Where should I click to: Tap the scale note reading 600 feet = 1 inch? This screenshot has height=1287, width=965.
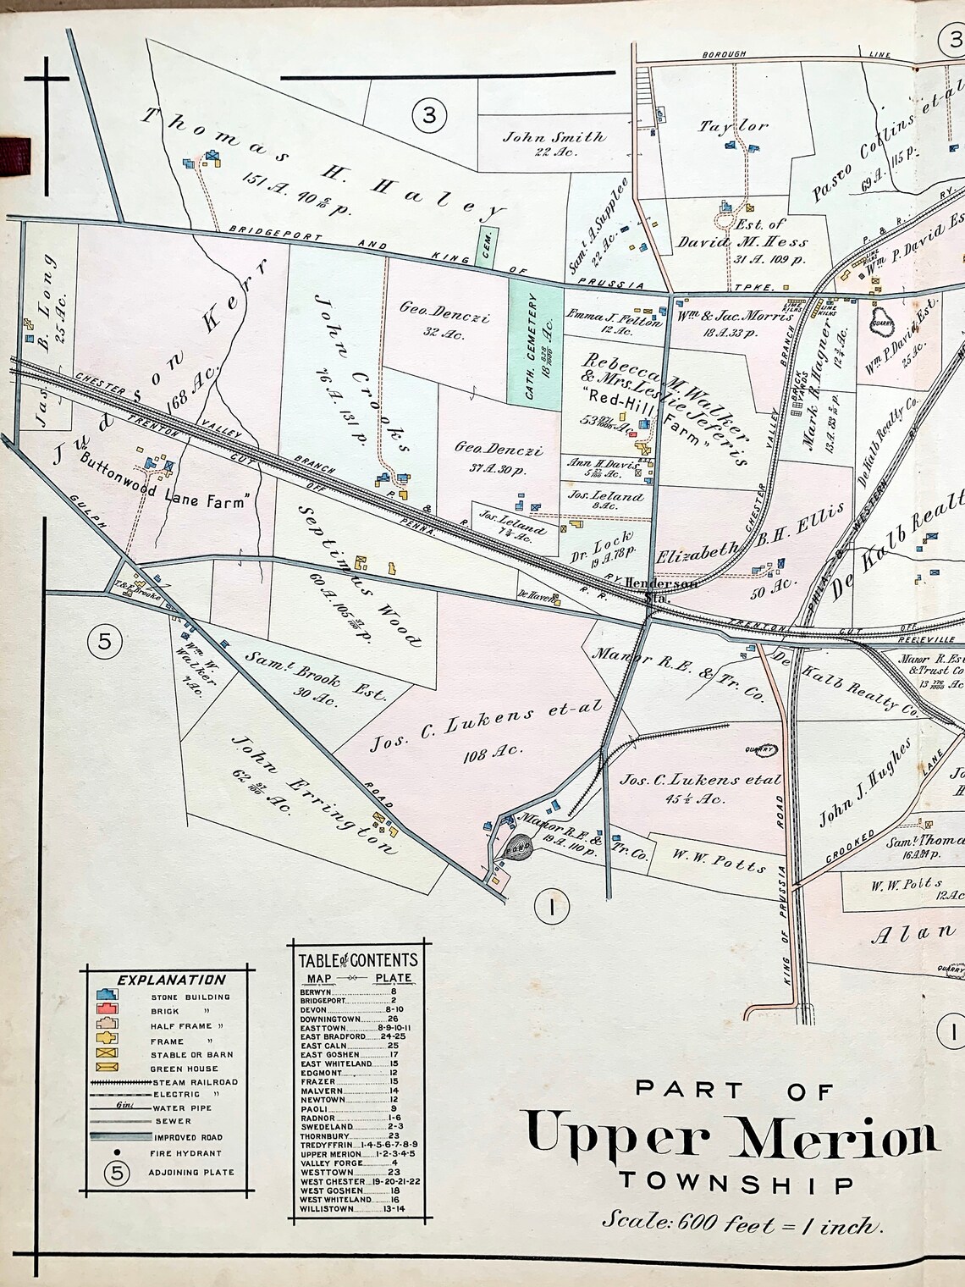tap(742, 1222)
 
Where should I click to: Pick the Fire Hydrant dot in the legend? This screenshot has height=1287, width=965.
tap(117, 1152)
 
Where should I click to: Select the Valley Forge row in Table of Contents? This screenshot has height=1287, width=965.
tap(330, 1164)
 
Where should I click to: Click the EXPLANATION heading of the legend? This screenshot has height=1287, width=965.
tap(159, 980)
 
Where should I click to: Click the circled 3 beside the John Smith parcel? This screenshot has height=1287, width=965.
tap(429, 113)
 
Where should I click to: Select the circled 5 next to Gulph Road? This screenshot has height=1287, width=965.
tap(105, 641)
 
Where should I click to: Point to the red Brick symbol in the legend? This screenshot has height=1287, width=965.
tap(106, 1011)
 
